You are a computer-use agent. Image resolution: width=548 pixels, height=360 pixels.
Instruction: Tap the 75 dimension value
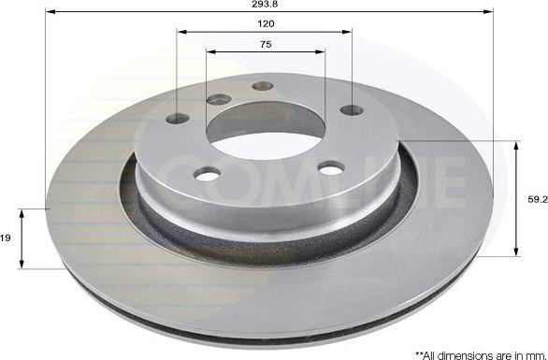pos(266,45)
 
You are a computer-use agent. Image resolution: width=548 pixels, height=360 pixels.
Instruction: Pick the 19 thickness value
pos(5,239)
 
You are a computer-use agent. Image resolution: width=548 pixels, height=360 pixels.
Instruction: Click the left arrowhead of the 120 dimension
pos(181,30)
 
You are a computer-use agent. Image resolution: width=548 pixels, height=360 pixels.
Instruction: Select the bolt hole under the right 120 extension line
pos(352,110)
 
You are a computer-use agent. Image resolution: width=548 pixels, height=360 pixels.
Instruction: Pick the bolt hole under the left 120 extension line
pos(178,118)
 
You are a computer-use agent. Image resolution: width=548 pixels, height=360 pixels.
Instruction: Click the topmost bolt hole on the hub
pos(263,86)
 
